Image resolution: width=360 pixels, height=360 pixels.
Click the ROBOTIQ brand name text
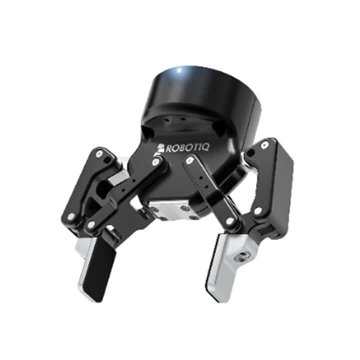(x=187, y=148)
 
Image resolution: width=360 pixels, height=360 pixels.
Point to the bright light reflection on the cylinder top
(x=180, y=70)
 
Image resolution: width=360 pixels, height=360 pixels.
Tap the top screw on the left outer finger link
(x=99, y=154)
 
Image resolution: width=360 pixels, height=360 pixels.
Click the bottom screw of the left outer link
(x=71, y=216)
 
